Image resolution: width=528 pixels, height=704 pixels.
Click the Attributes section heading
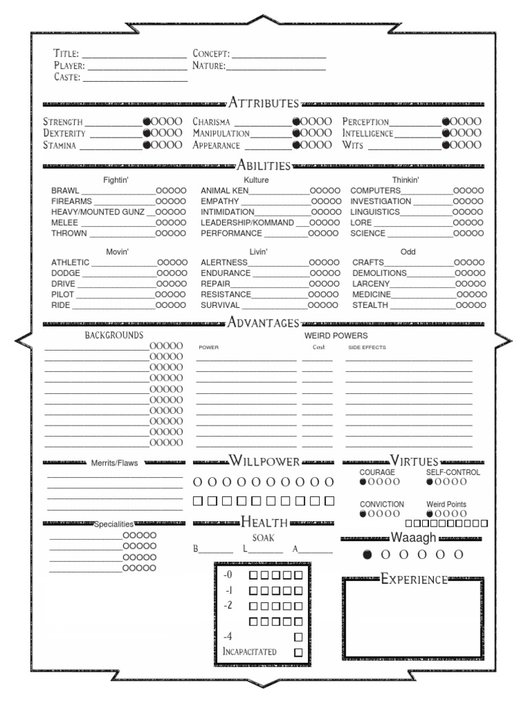pyautogui.click(x=263, y=103)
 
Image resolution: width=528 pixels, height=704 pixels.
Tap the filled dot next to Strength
pyautogui.click(x=146, y=122)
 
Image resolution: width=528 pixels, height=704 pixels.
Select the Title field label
pyautogui.click(x=67, y=54)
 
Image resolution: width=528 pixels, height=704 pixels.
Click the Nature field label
pyautogui.click(x=209, y=66)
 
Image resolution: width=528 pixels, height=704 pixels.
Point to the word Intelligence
pyautogui.click(x=368, y=133)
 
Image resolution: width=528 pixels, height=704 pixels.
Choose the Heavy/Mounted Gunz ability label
pyautogui.click(x=98, y=212)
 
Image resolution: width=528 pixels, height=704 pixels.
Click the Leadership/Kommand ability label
pyautogui.click(x=247, y=223)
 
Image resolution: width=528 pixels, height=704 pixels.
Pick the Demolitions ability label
pyautogui.click(x=379, y=273)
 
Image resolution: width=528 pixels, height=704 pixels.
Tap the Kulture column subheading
pyautogui.click(x=256, y=180)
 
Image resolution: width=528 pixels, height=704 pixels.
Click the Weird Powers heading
pyautogui.click(x=336, y=335)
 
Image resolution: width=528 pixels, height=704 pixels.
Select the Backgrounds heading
pyautogui.click(x=114, y=335)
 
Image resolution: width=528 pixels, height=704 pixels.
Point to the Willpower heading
pyautogui.click(x=264, y=461)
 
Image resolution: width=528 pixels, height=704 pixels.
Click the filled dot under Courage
pyautogui.click(x=364, y=482)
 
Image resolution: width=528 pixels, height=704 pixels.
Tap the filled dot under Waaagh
pyautogui.click(x=367, y=554)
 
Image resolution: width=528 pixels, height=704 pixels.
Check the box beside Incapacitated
pyautogui.click(x=298, y=652)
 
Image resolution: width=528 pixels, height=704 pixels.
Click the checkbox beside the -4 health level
pyautogui.click(x=298, y=637)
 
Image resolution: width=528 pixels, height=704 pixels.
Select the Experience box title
pyautogui.click(x=414, y=580)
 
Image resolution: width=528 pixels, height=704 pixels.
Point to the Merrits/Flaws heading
pyautogui.click(x=114, y=463)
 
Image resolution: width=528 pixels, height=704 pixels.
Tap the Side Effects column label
pyautogui.click(x=367, y=347)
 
